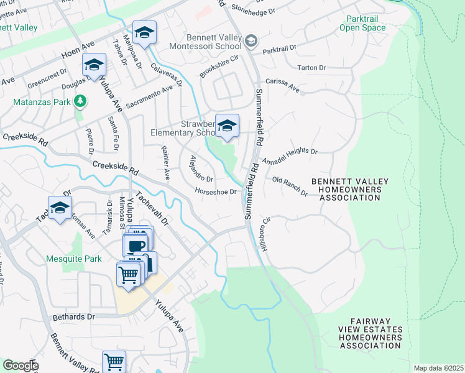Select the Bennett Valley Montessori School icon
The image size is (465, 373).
pyautogui.click(x=251, y=41)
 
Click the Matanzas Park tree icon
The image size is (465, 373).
pyautogui.click(x=80, y=101)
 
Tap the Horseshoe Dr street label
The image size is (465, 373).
pyautogui.click(x=215, y=191)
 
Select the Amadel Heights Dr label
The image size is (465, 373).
pyautogui.click(x=290, y=156)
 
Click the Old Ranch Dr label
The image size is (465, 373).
pyautogui.click(x=290, y=186)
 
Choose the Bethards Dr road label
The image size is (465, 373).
pyautogui.click(x=75, y=316)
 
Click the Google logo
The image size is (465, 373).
pyautogui.click(x=21, y=366)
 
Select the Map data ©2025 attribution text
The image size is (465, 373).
pyautogui.click(x=438, y=368)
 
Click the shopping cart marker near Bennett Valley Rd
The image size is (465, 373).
pyautogui.click(x=114, y=362)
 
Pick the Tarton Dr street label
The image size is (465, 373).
pyautogui.click(x=311, y=67)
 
